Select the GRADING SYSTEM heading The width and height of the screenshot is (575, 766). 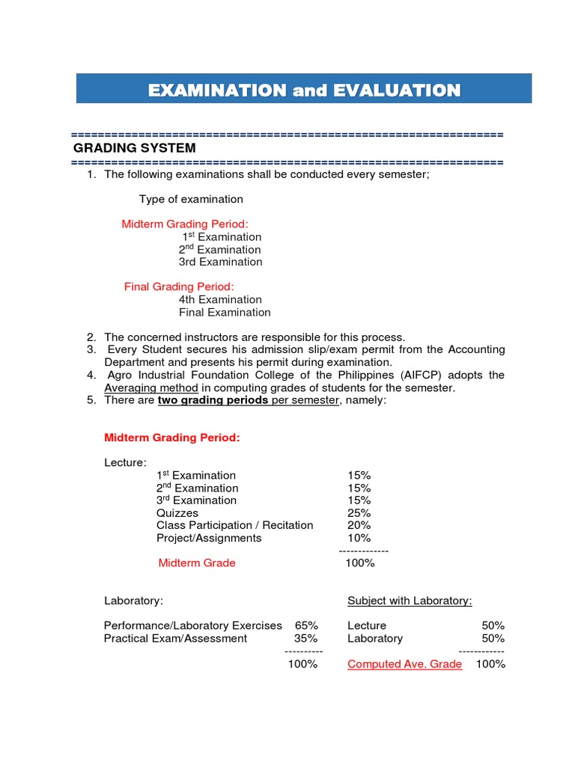(134, 148)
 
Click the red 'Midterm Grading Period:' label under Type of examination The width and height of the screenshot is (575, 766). (185, 224)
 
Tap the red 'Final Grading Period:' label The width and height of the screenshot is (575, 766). (179, 287)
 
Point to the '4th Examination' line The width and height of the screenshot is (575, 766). (220, 299)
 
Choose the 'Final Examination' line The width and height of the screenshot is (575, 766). (225, 312)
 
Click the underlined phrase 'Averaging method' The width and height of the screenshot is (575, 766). (151, 387)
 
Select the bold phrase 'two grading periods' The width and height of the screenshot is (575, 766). (213, 400)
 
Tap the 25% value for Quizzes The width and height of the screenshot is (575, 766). (359, 513)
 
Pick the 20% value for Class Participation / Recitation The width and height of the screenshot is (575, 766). (359, 525)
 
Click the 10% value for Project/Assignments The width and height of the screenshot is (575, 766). (359, 538)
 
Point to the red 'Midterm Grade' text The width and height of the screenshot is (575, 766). (197, 563)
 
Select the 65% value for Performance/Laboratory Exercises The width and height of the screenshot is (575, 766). (306, 625)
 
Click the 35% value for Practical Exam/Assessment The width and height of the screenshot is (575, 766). (306, 638)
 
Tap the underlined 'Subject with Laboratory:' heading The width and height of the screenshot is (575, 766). (410, 601)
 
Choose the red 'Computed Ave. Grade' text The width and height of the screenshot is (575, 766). (404, 664)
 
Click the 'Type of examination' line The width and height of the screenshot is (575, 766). (191, 199)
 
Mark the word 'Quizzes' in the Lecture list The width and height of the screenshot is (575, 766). (177, 513)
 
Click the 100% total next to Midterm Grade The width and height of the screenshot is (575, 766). (359, 563)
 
